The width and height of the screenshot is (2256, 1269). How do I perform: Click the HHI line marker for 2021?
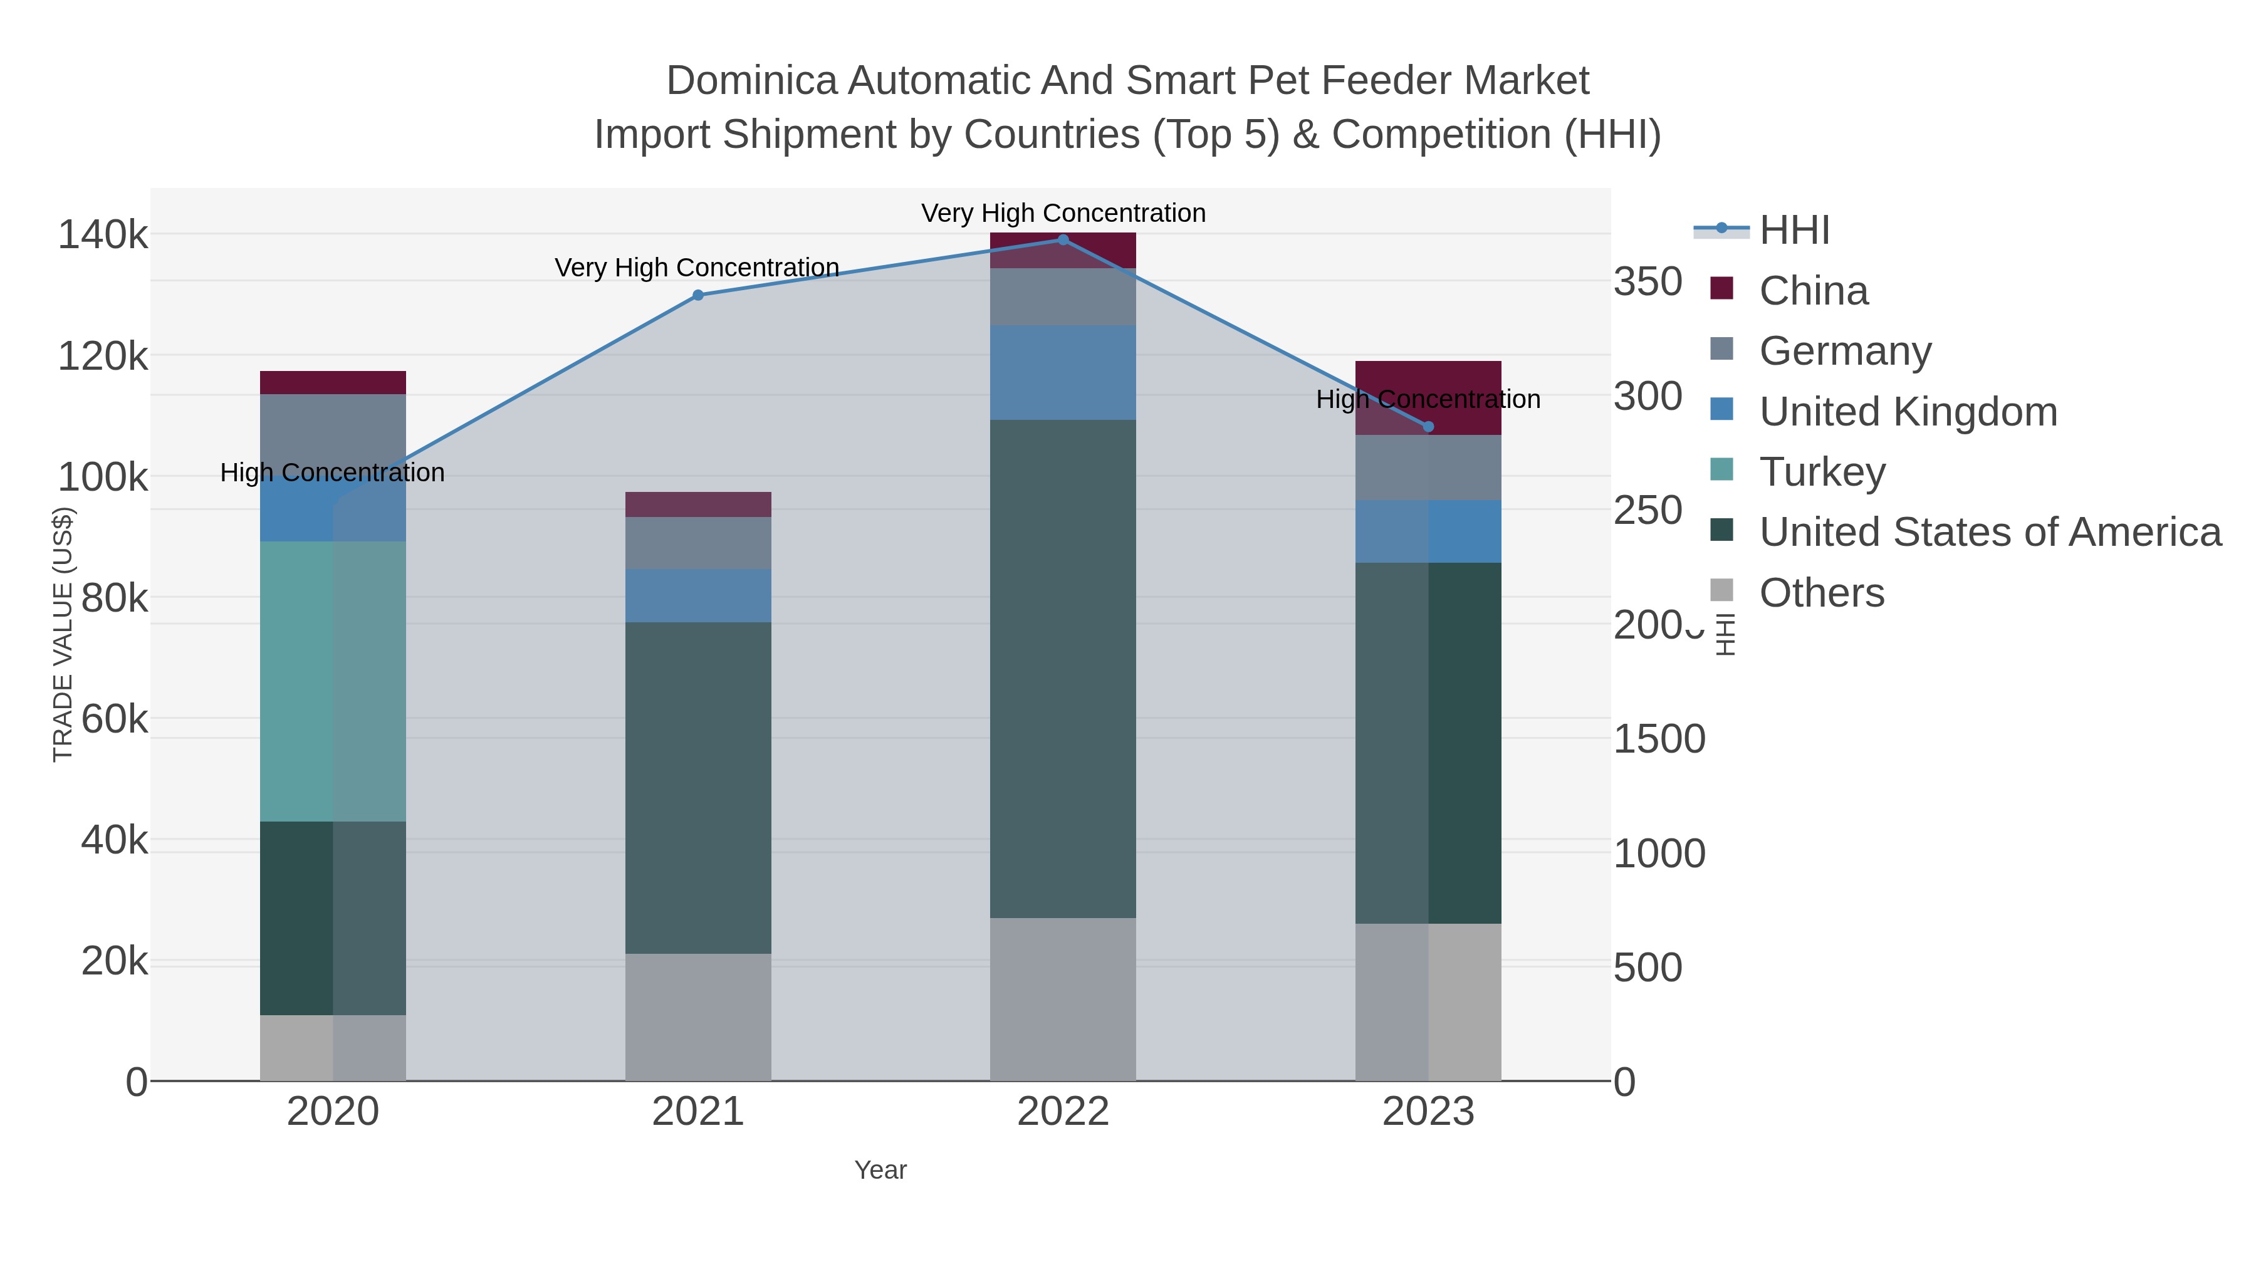click(698, 295)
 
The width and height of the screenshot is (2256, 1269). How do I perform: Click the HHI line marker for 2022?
click(1063, 240)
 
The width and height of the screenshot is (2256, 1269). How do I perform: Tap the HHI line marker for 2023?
click(1428, 427)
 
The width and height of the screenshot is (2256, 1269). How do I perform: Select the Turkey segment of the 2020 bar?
click(333, 681)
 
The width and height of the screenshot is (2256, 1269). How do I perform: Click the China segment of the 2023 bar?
click(1428, 385)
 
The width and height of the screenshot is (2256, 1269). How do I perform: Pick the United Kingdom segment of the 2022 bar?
click(1063, 373)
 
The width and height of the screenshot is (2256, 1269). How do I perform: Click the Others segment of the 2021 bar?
click(698, 1017)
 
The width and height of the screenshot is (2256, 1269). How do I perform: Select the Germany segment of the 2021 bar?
click(698, 543)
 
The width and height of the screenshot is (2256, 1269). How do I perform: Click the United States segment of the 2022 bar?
click(1063, 669)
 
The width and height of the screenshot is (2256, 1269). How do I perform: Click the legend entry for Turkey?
click(1822, 472)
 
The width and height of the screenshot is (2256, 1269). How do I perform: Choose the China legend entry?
click(1813, 291)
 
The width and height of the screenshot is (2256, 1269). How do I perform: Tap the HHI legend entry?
click(1794, 231)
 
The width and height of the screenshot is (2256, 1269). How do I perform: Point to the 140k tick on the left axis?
click(103, 236)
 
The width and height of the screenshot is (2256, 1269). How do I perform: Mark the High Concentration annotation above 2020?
click(333, 473)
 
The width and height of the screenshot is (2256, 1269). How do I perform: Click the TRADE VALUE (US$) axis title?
click(63, 635)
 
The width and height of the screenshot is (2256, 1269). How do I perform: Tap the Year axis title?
click(880, 1170)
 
